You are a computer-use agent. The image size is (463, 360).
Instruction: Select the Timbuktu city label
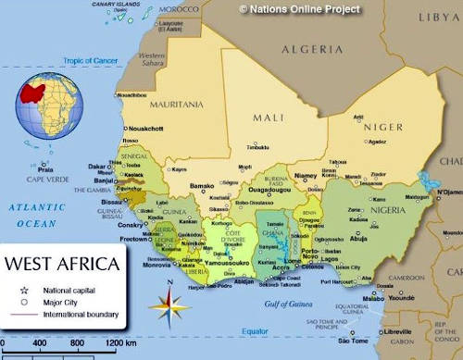click(257, 146)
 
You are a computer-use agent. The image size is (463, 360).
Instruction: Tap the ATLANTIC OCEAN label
click(32, 216)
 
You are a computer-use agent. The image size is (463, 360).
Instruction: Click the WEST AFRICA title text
click(62, 264)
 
